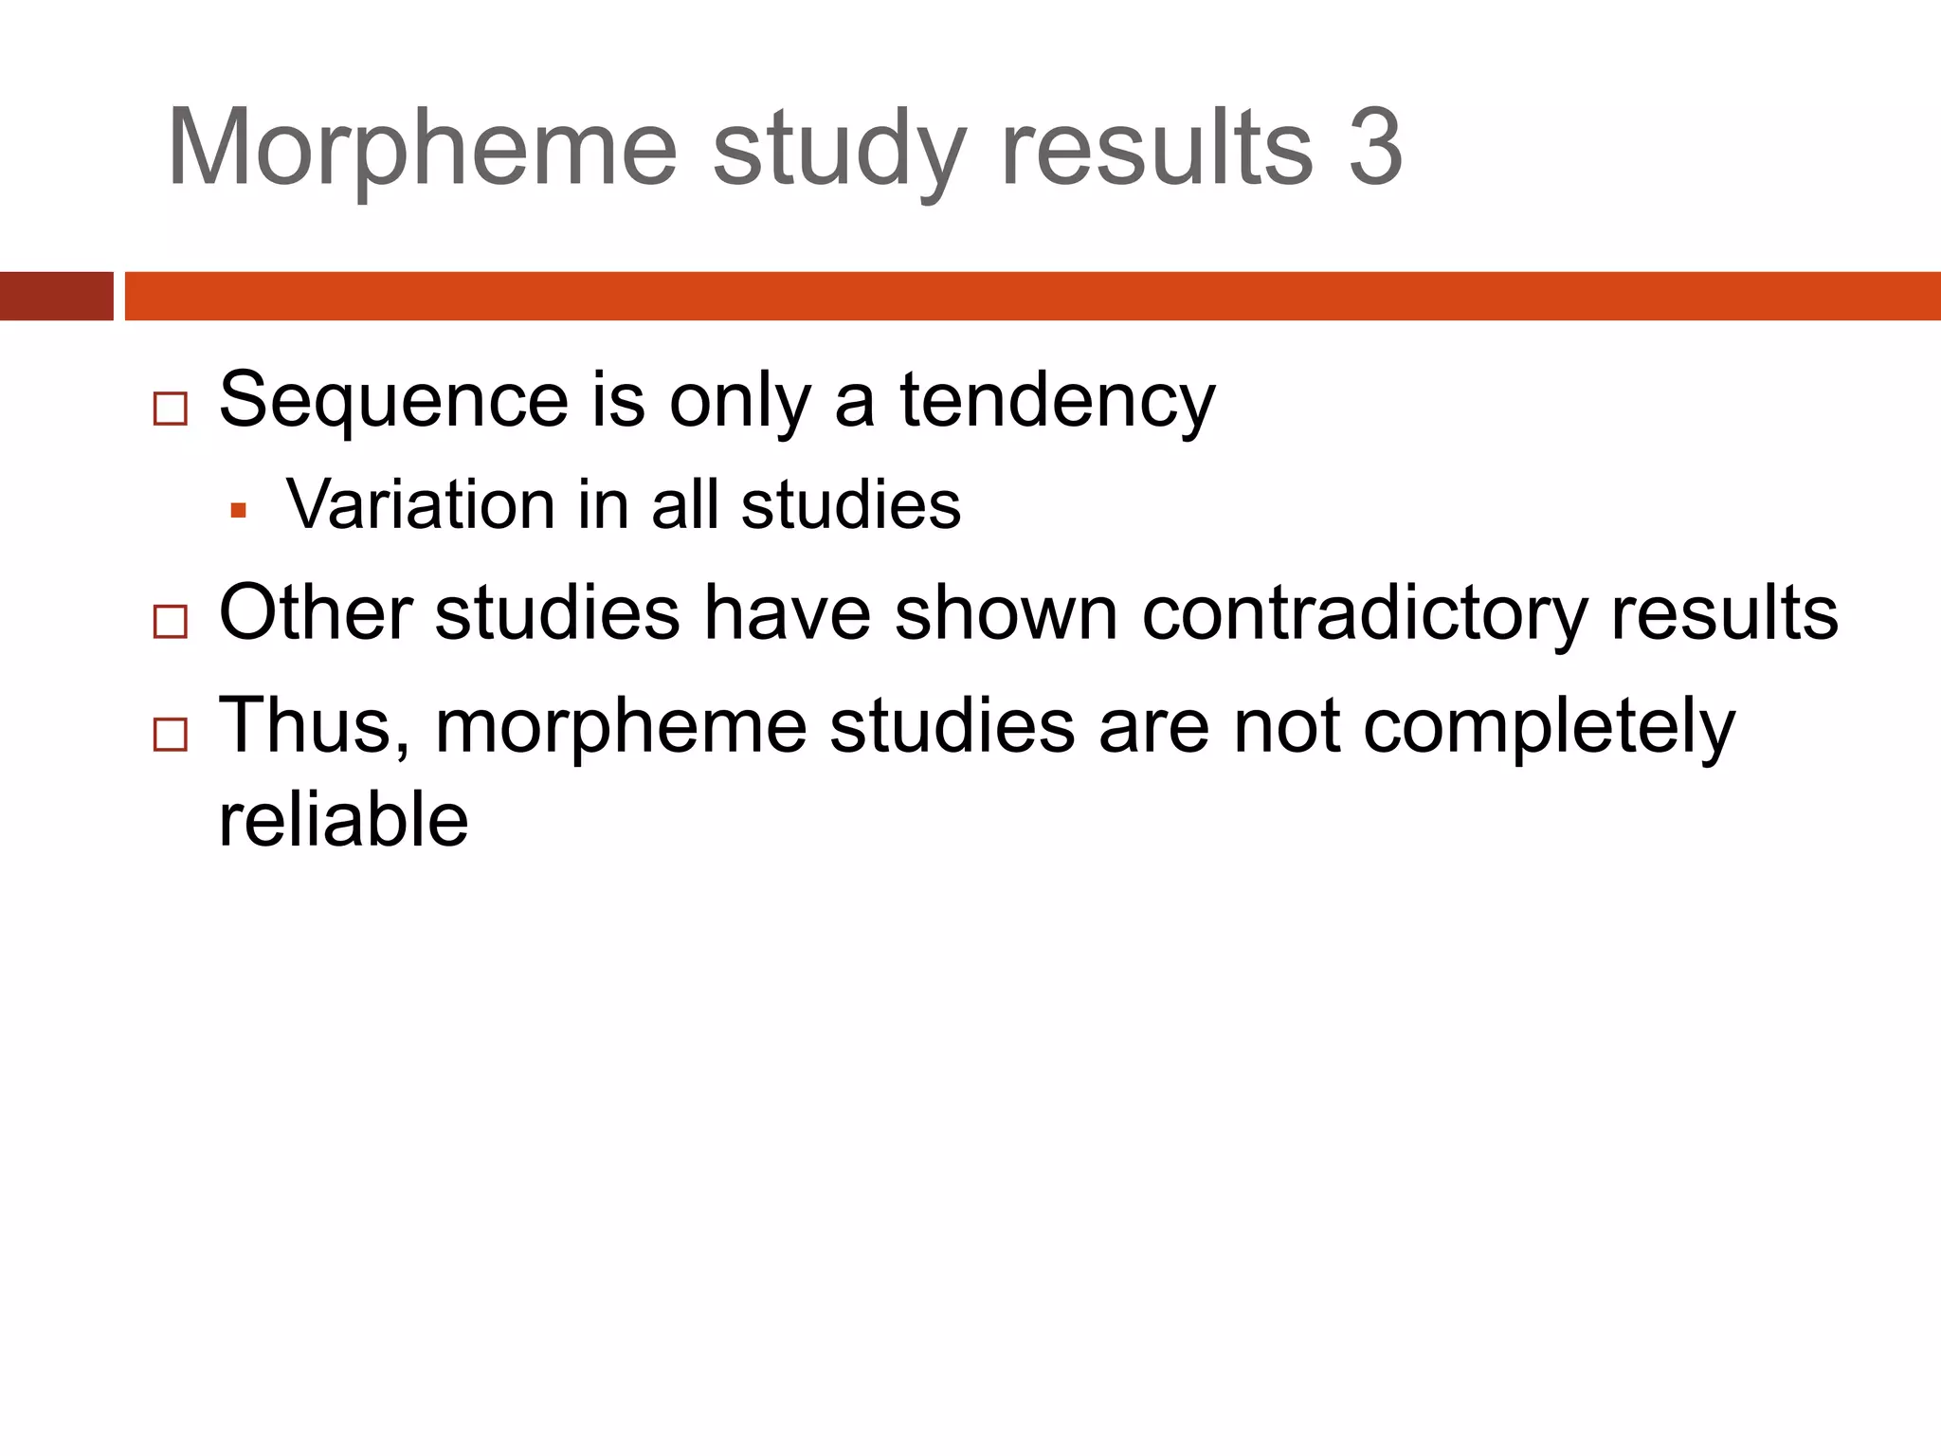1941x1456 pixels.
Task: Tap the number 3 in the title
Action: tap(1375, 148)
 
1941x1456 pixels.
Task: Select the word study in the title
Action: tap(840, 152)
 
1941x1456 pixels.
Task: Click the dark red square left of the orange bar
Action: tap(56, 296)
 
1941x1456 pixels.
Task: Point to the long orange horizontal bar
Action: tap(1032, 296)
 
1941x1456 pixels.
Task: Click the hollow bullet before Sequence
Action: tap(171, 409)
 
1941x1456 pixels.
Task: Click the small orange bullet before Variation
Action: tap(238, 511)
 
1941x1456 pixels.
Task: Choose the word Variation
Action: tap(420, 504)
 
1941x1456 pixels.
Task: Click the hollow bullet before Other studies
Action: tap(171, 622)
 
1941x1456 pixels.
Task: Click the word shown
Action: tap(1006, 613)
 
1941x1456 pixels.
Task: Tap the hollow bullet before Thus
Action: tap(171, 735)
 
